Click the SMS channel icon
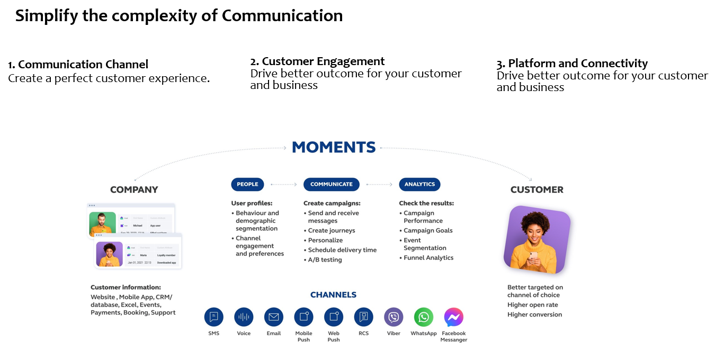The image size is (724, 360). click(x=214, y=317)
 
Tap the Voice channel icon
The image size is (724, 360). click(x=244, y=317)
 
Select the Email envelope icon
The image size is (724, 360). click(x=274, y=317)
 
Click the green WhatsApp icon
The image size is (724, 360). click(x=424, y=317)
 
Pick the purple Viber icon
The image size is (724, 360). click(x=394, y=317)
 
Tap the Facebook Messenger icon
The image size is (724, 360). click(x=453, y=317)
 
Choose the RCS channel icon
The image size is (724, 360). click(x=363, y=317)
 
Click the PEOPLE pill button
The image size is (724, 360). click(x=247, y=184)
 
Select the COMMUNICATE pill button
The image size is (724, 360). click(x=332, y=184)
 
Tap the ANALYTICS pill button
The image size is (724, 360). click(x=419, y=184)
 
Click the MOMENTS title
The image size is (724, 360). click(x=334, y=147)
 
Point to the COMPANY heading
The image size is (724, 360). click(x=134, y=190)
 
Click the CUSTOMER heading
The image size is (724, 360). click(x=537, y=190)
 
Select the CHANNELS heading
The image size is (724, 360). click(x=333, y=295)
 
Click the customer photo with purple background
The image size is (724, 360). click(x=537, y=239)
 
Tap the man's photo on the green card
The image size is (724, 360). click(x=102, y=224)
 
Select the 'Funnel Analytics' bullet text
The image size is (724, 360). click(x=428, y=258)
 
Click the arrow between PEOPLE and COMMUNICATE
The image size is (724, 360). click(x=284, y=185)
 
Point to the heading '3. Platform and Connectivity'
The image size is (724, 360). click(x=572, y=64)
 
